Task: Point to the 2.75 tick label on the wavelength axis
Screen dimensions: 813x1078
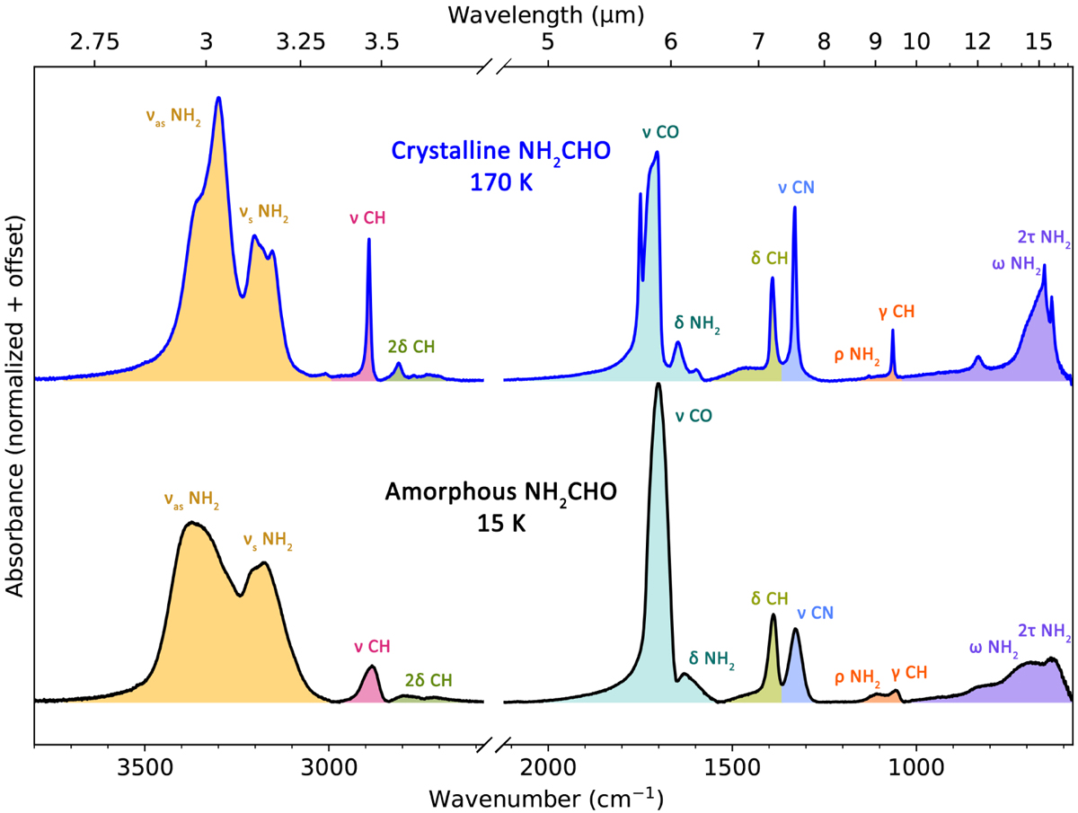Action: (95, 41)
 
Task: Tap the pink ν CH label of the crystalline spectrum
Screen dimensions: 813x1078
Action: (367, 218)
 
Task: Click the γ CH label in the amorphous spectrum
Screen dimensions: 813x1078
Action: (908, 672)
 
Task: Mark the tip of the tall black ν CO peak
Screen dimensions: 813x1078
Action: (658, 384)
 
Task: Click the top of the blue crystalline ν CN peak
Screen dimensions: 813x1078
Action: (795, 208)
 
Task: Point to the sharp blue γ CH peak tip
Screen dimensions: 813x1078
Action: (892, 331)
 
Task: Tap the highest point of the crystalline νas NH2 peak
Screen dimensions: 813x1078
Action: (218, 97)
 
